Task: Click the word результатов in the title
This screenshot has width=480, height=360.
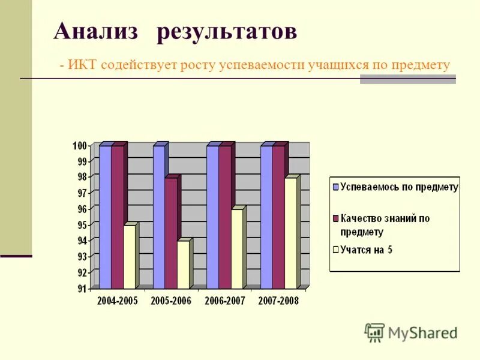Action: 227,32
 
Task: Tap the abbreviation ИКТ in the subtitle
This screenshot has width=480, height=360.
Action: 84,65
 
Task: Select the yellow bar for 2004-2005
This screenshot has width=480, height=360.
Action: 129,257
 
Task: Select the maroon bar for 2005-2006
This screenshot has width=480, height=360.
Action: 171,234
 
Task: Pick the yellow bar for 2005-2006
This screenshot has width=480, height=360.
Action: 183,264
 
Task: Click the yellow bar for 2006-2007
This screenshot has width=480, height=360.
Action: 236,249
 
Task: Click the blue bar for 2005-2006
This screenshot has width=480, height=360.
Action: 158,216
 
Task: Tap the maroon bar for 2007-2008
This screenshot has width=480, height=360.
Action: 278,216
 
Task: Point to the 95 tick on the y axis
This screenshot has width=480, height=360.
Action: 81,225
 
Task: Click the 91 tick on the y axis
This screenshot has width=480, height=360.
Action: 81,289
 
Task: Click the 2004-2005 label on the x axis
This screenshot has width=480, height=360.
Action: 117,301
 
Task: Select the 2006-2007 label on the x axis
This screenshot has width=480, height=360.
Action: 224,301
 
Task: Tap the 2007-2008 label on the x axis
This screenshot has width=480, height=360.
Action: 278,301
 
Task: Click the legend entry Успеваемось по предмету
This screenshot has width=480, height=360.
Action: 399,187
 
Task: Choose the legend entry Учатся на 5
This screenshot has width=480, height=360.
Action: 366,250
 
